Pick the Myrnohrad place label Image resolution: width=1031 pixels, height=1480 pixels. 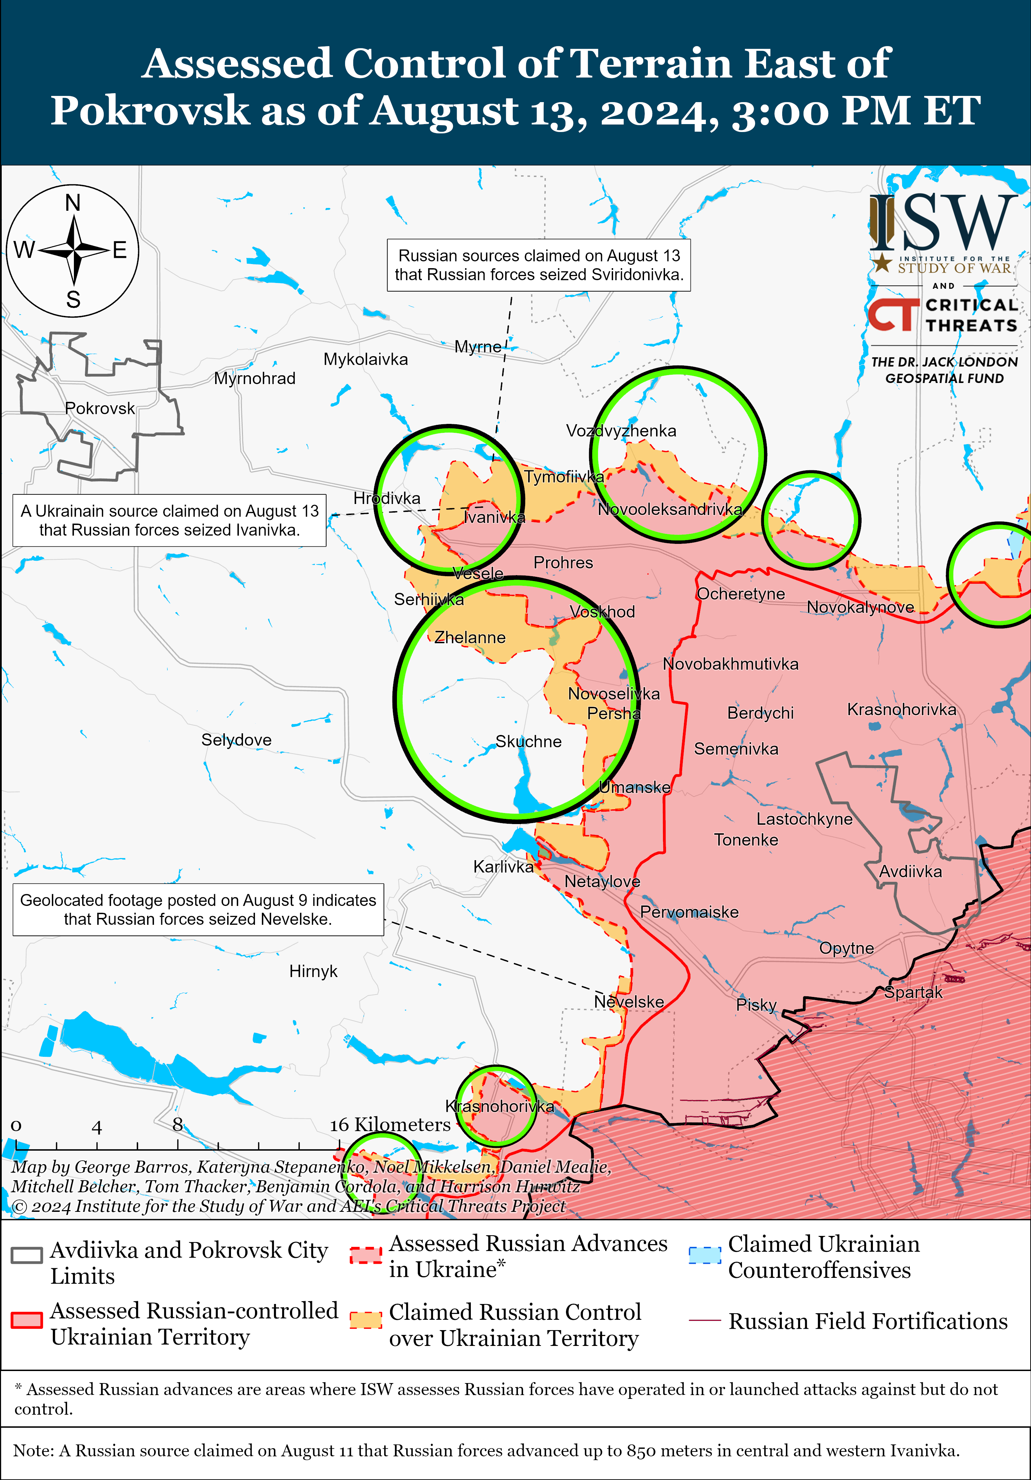point(255,379)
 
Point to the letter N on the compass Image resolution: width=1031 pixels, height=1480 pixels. point(73,203)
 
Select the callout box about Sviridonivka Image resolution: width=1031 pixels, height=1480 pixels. point(539,265)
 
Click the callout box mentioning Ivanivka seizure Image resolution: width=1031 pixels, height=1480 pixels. point(169,520)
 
